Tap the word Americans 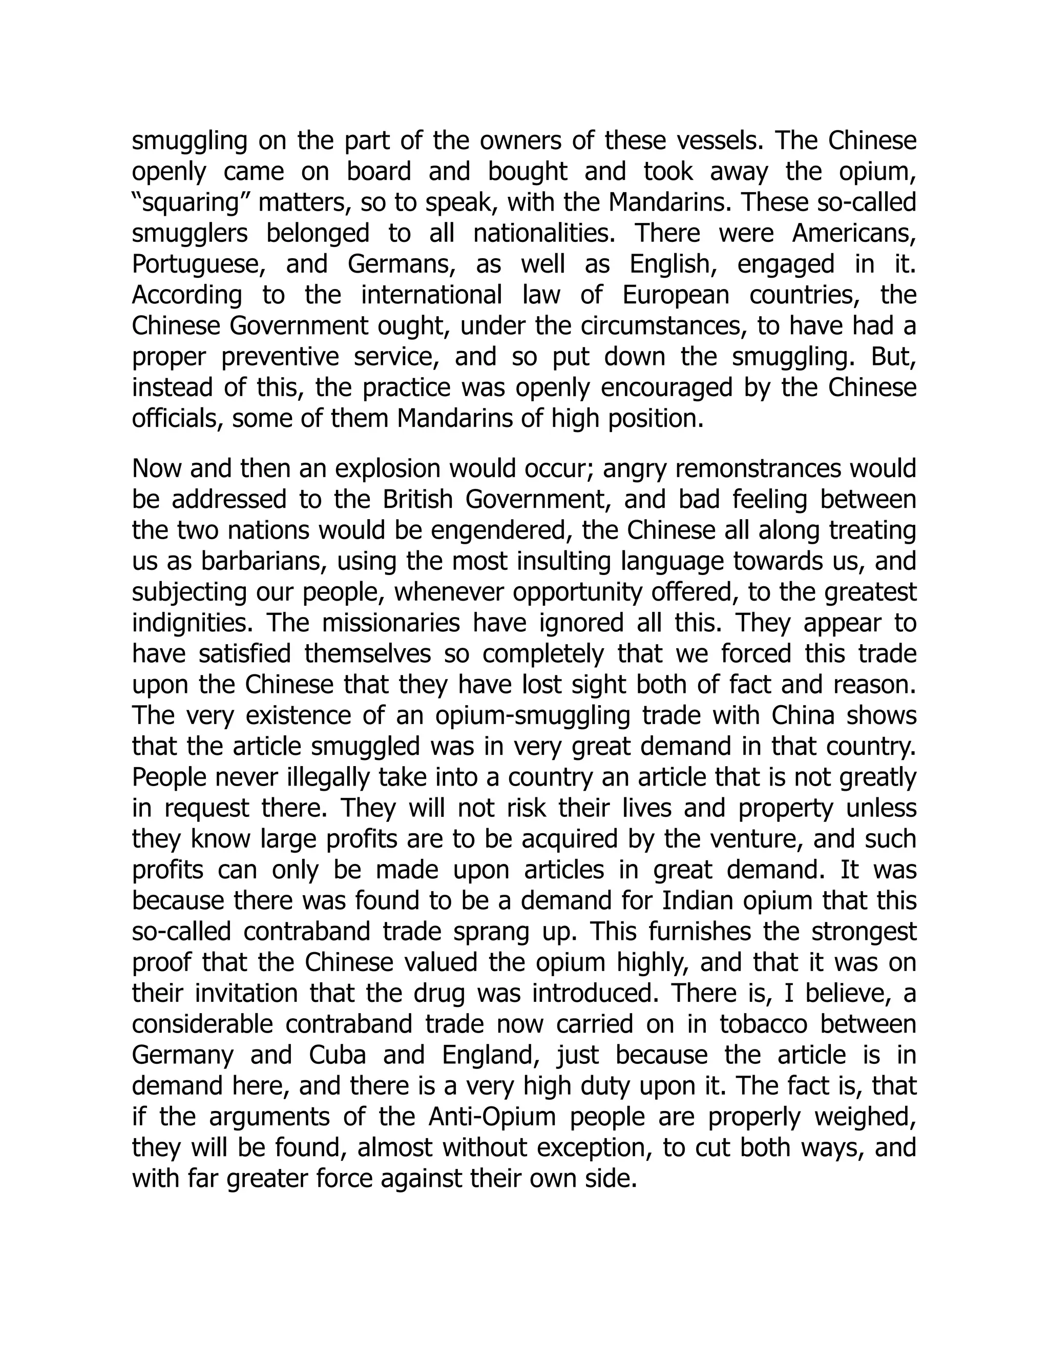[x=854, y=234]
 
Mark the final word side [x=615, y=1178]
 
